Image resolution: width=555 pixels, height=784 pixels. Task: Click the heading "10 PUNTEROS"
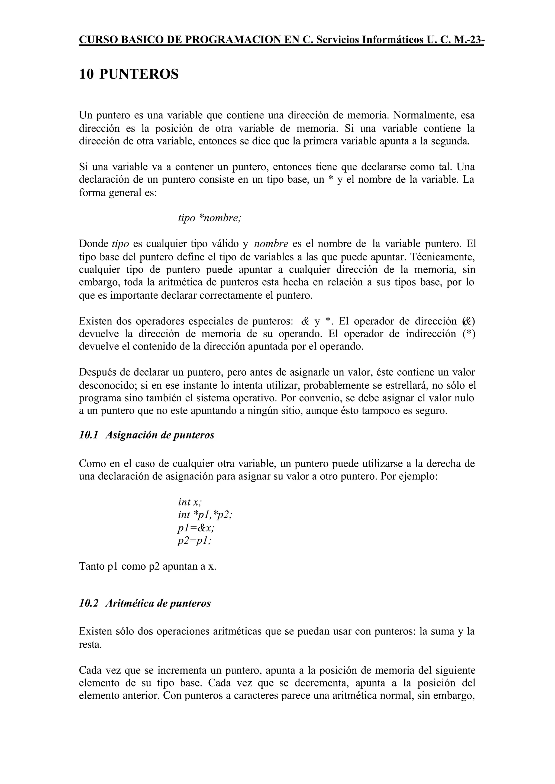click(x=128, y=74)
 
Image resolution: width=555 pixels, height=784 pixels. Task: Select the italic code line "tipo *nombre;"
click(x=209, y=218)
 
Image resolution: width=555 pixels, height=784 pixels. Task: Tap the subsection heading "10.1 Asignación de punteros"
click(x=147, y=435)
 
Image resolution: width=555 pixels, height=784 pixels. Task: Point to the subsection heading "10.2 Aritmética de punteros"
click(x=145, y=603)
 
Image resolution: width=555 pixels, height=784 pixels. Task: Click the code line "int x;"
click(x=190, y=502)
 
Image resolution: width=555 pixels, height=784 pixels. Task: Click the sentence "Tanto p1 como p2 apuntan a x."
click(x=148, y=566)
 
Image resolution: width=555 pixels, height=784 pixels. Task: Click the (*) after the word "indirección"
click(x=469, y=334)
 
